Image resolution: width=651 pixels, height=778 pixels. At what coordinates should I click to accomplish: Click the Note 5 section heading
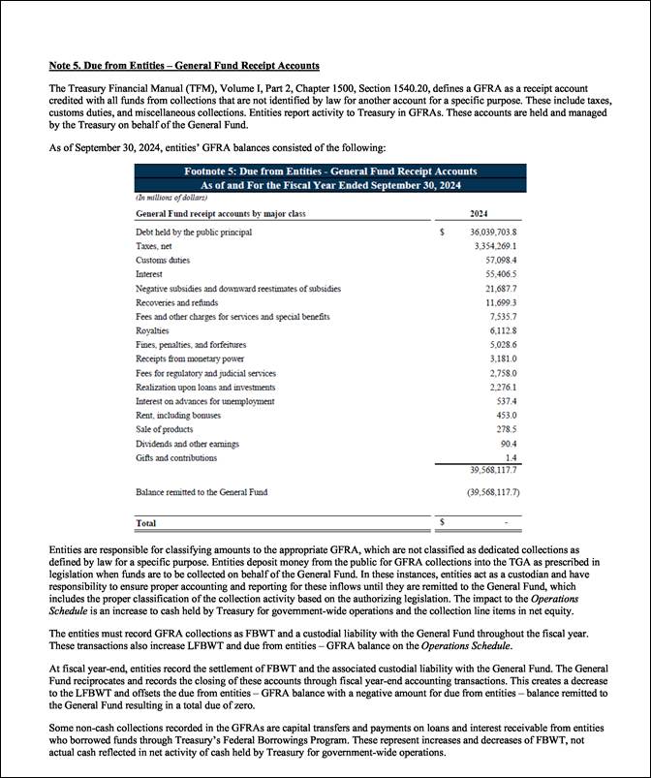coord(184,66)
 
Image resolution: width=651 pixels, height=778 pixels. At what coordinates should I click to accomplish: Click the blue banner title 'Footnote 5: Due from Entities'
coord(330,171)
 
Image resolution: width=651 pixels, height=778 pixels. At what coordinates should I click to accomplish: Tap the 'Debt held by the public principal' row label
coord(194,233)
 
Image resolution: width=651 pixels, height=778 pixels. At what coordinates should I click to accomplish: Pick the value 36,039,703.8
coord(493,233)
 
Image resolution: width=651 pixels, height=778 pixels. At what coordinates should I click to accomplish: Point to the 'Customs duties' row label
coord(163,261)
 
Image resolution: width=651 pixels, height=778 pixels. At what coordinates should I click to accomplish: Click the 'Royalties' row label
coord(154,330)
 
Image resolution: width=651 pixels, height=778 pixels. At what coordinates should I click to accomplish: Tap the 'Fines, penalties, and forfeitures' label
coord(191,345)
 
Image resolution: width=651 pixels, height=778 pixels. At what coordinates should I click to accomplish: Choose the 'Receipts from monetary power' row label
coord(185,359)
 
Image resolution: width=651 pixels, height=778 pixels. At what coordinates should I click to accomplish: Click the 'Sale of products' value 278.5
coord(505,429)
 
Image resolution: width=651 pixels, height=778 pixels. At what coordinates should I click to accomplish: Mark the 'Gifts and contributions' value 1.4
coord(510,457)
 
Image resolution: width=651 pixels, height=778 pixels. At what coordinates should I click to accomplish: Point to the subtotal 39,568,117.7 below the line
coord(494,471)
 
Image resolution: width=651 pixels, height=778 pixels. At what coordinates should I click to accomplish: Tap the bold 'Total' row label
coord(146,523)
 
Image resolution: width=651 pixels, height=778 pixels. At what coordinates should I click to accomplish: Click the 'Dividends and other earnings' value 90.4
coord(507,444)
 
